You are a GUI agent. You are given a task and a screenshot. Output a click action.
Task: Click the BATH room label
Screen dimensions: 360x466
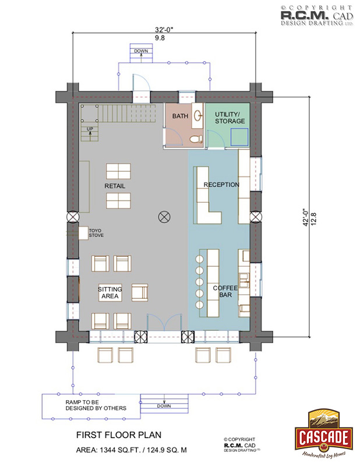click(180, 116)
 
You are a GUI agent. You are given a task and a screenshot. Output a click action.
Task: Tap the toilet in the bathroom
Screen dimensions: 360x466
click(196, 139)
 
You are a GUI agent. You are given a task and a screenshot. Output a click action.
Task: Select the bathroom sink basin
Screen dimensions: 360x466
click(197, 115)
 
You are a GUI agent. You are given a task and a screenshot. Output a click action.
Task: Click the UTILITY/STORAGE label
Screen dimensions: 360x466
click(230, 118)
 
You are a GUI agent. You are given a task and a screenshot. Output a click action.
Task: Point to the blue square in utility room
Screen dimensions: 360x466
click(239, 137)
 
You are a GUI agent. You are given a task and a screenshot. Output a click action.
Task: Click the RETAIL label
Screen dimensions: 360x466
click(115, 186)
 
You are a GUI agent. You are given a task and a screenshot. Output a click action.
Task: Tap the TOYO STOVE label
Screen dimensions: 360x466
click(96, 232)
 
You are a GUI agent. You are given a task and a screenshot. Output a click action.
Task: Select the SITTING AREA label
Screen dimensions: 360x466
click(110, 292)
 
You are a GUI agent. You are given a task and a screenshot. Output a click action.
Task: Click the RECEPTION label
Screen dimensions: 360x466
click(221, 185)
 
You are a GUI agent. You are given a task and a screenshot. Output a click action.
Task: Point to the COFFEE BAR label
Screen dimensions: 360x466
click(225, 291)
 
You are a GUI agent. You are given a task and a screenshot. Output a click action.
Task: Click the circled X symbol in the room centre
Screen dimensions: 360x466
click(164, 217)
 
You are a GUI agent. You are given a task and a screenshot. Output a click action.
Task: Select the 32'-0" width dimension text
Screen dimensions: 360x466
click(164, 30)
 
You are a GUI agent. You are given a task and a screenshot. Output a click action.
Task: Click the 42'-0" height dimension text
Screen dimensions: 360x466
click(306, 217)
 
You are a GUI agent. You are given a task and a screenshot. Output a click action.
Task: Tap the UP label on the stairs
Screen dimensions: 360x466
click(90, 129)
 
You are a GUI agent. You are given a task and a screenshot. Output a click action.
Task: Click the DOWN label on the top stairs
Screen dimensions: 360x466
click(141, 51)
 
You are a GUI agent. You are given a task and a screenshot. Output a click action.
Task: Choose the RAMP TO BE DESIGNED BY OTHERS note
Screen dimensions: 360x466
click(96, 405)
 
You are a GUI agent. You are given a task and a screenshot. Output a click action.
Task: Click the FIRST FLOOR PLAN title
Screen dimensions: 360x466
click(119, 435)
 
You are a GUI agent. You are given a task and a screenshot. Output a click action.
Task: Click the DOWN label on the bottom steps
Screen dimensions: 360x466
click(164, 406)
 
